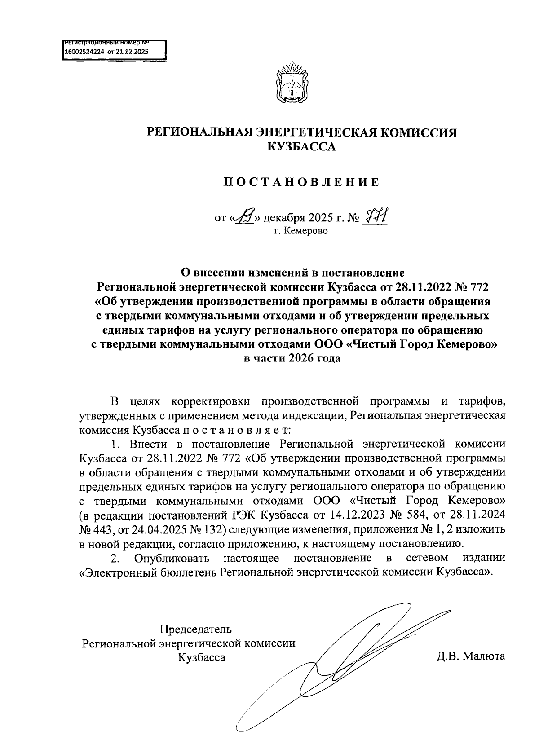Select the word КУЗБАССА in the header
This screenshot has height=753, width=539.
click(x=301, y=147)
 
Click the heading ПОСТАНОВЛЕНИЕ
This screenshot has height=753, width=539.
click(x=301, y=182)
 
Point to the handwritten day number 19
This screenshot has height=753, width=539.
click(x=246, y=218)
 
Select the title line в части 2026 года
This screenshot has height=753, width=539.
click(x=292, y=358)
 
